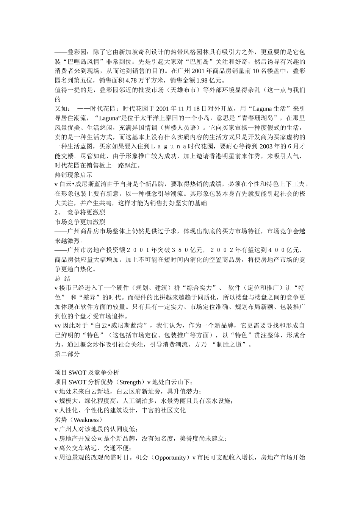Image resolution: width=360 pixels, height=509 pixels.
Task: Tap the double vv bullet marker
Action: pyautogui.click(x=58, y=326)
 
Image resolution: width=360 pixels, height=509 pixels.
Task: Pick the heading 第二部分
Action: pyautogui.click(x=67, y=354)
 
